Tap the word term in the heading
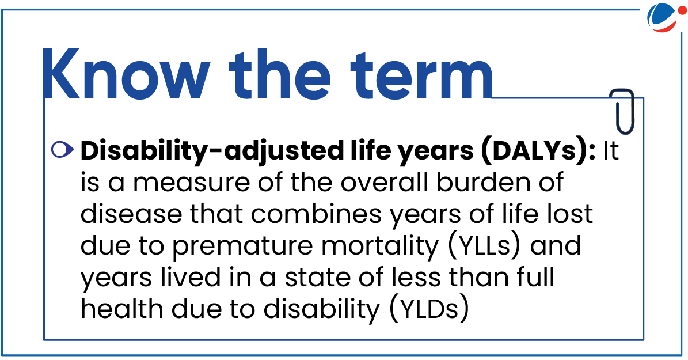coord(421,75)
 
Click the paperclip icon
coord(622,112)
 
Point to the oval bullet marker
coord(63,150)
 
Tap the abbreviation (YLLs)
coord(484,247)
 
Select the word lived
coord(190,278)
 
